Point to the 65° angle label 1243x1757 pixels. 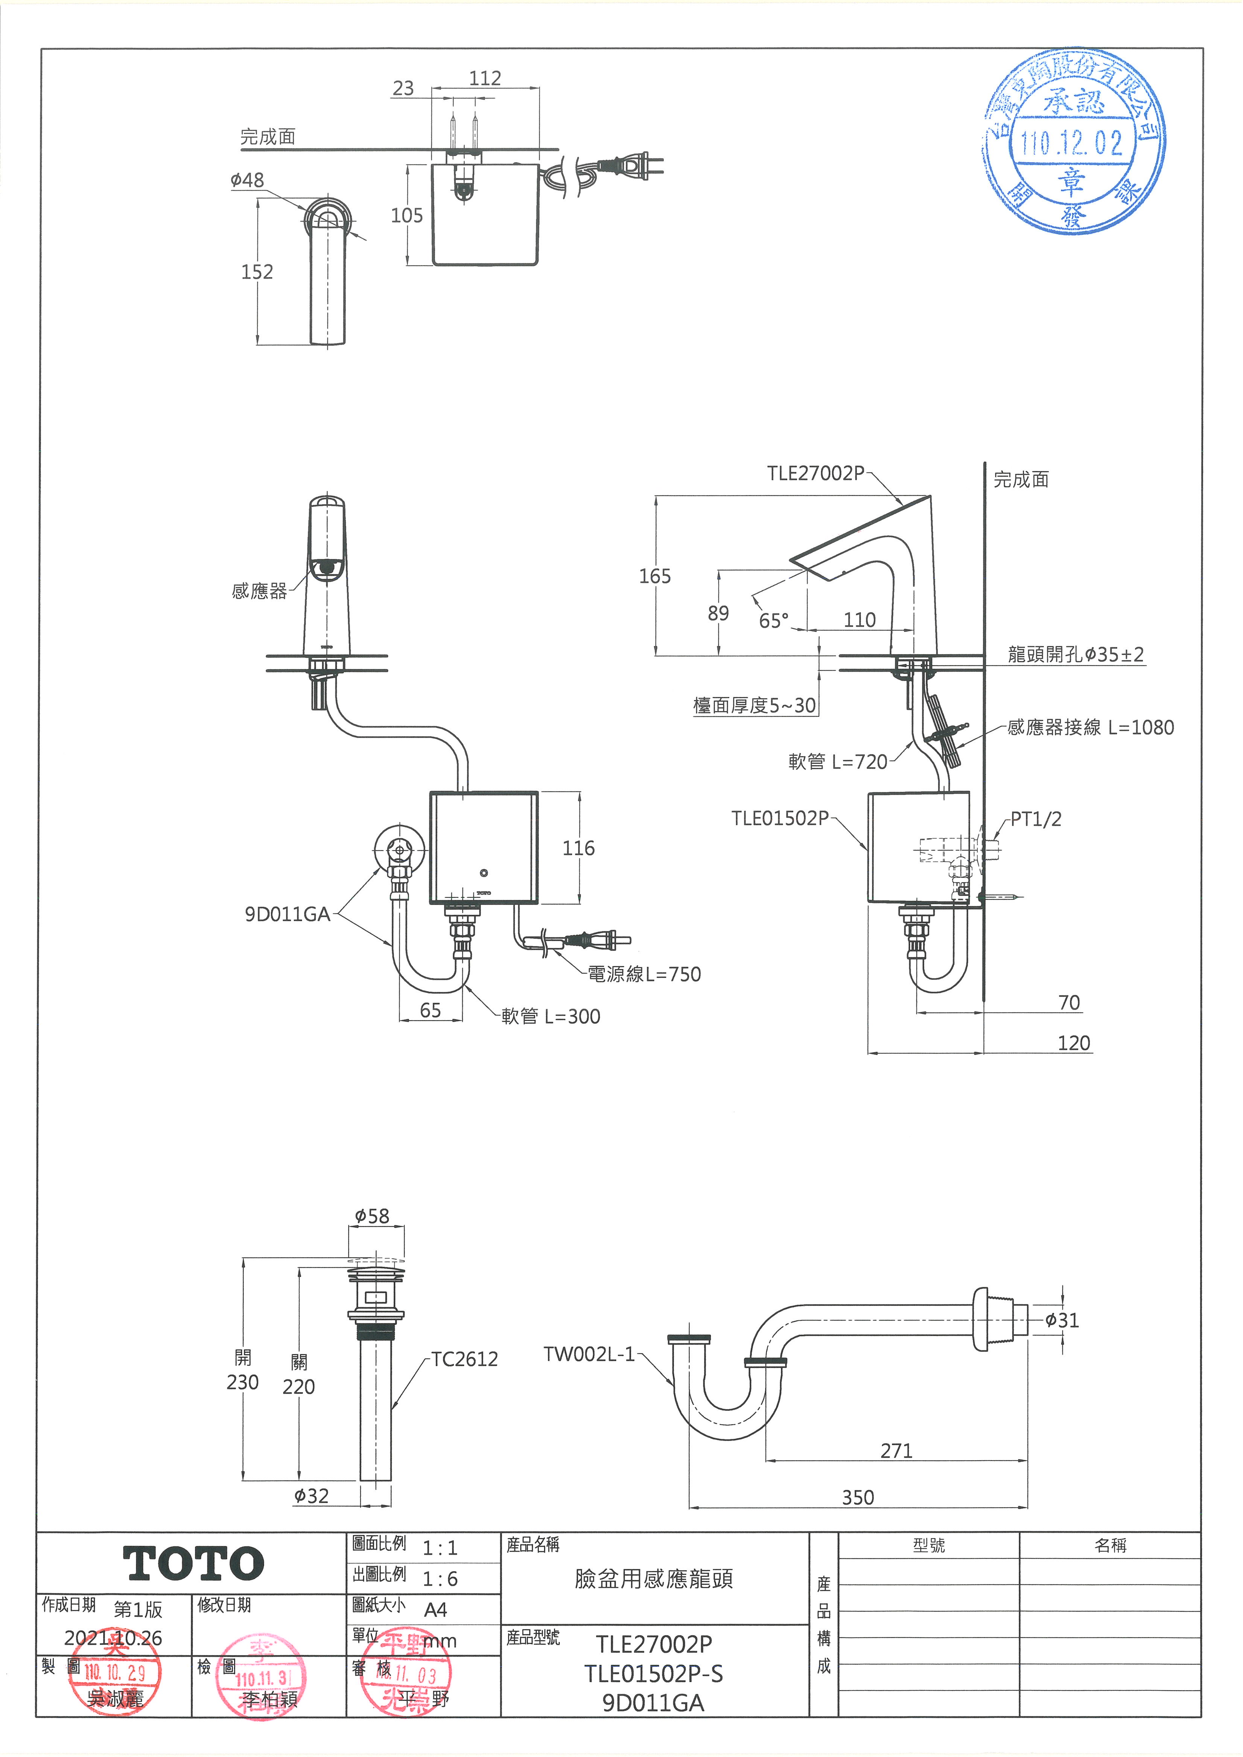[x=773, y=621]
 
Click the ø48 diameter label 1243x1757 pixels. [x=247, y=181]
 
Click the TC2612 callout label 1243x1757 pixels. [x=465, y=1359]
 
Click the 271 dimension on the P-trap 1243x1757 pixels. [x=896, y=1451]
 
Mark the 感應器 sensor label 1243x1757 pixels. [x=259, y=591]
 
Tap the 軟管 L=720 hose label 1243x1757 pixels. [x=837, y=761]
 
